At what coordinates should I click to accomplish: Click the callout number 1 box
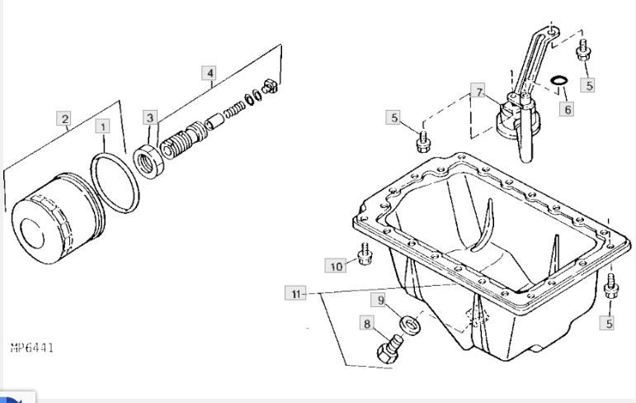102,126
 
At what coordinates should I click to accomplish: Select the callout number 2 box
64,118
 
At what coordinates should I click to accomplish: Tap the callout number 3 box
150,117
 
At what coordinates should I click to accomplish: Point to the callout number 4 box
210,73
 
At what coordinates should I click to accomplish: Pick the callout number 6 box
567,108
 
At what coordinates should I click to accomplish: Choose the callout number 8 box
368,324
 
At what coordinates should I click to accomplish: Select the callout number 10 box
336,266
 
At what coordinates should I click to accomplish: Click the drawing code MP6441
32,348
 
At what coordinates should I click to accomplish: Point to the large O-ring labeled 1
115,183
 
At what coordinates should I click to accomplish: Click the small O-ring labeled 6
559,81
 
